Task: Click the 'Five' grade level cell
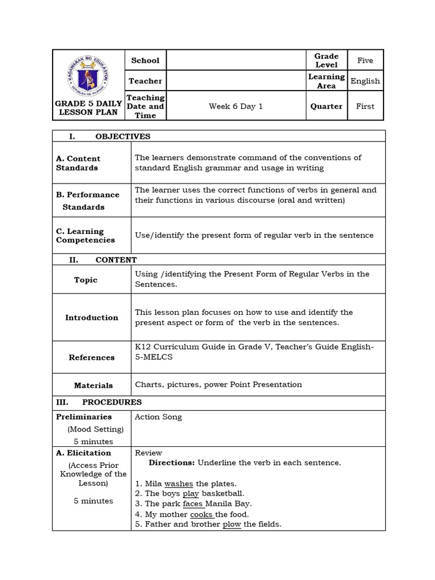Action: tap(365, 60)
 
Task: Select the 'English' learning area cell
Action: tap(365, 81)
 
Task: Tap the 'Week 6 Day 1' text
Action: tap(236, 106)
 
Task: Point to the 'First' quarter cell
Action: tap(365, 106)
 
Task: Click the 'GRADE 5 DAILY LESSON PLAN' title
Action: tap(89, 108)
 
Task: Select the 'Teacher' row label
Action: tap(146, 81)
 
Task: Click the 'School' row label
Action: tap(146, 60)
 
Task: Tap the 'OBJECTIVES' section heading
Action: tap(122, 137)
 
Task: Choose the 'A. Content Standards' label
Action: tap(78, 163)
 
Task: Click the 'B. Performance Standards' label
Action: tap(88, 201)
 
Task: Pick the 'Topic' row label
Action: tap(86, 280)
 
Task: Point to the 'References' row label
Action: tap(92, 357)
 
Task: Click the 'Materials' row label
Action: tap(93, 385)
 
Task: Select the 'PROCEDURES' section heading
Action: tap(112, 402)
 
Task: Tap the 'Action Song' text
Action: tap(158, 417)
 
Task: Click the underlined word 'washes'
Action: tap(178, 484)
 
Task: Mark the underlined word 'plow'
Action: tap(232, 524)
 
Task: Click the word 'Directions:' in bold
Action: tap(172, 463)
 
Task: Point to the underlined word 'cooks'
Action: tap(202, 514)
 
